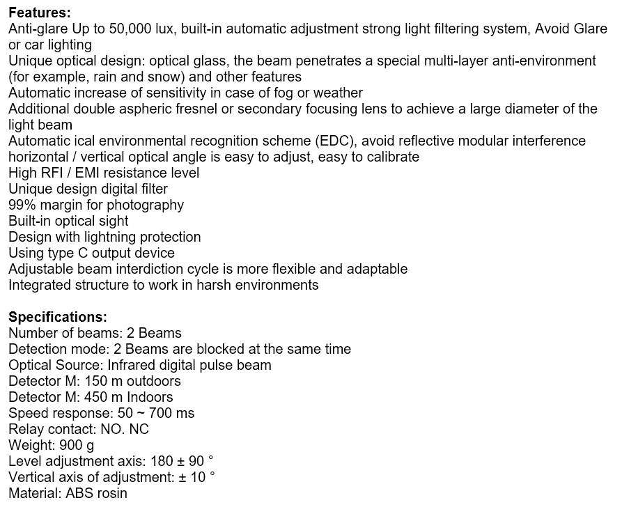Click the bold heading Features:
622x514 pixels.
coord(39,13)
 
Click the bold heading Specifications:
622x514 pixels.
coord(58,317)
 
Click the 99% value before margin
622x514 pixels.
coord(22,205)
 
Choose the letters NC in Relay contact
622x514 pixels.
coord(139,429)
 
